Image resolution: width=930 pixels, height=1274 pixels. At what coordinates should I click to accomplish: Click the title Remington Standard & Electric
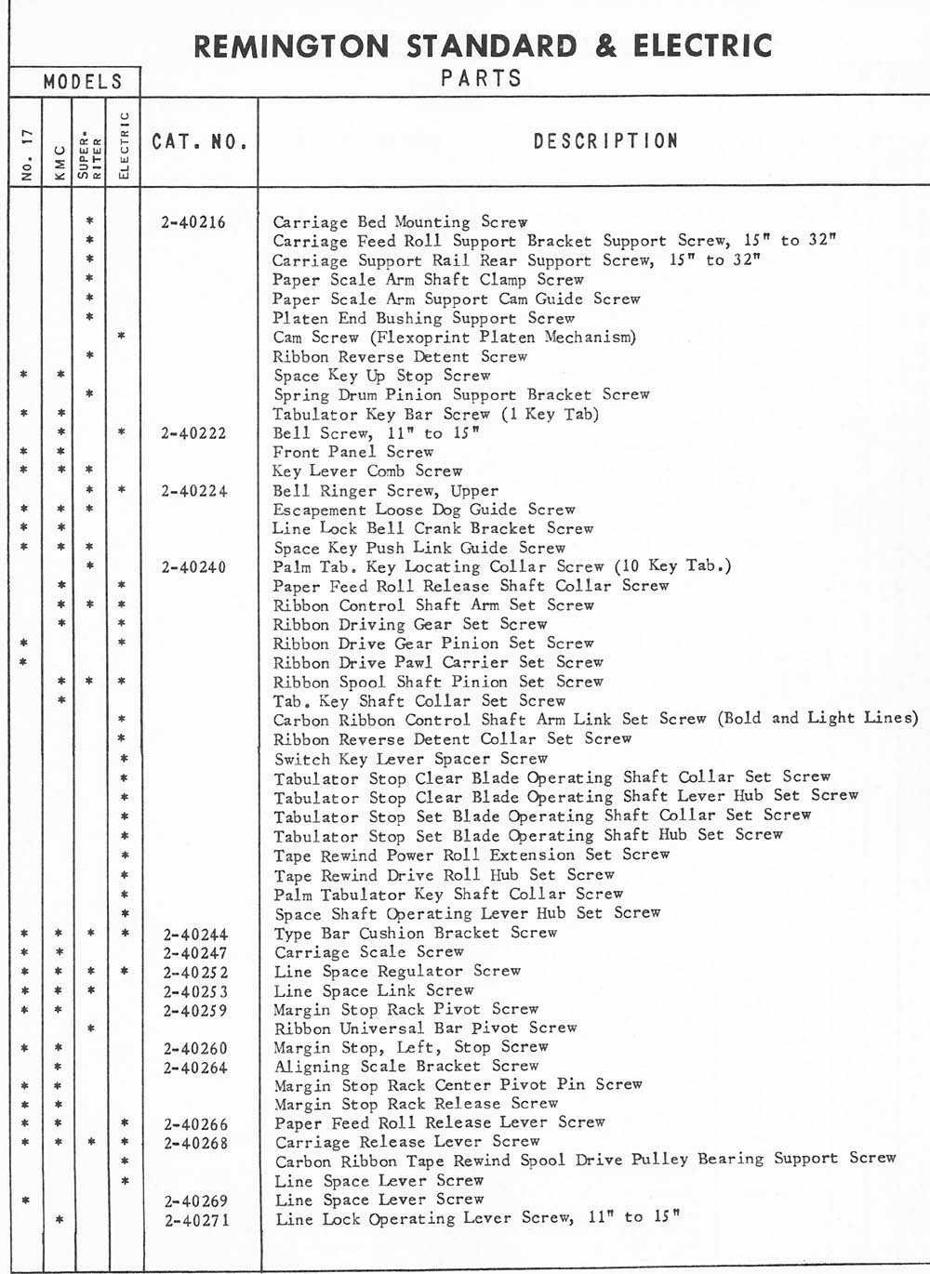click(483, 46)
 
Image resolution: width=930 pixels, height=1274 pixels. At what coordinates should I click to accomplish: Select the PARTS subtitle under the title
click(481, 78)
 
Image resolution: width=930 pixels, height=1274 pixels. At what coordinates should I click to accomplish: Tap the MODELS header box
click(83, 82)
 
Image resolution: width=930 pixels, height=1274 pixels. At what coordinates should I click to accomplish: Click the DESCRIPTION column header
click(605, 141)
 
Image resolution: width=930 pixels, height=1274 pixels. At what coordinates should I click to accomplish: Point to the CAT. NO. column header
click(200, 142)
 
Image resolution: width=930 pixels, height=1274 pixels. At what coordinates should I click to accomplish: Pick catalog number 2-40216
click(193, 222)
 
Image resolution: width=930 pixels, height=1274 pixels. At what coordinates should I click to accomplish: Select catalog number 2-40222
click(193, 433)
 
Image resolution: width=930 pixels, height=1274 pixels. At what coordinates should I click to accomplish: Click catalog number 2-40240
click(193, 567)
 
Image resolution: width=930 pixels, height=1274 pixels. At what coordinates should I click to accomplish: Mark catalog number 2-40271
click(195, 1220)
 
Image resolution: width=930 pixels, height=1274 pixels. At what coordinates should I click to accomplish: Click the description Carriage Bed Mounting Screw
click(400, 222)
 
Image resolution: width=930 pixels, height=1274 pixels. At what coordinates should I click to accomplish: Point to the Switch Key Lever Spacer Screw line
click(410, 759)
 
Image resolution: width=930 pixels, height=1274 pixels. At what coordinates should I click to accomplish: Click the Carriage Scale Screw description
click(368, 952)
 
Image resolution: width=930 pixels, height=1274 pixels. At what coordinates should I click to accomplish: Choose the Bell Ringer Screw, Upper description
click(385, 491)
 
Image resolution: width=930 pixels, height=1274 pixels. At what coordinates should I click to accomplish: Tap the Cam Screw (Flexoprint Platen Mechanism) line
click(454, 338)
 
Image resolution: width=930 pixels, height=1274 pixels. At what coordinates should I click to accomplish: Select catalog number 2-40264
click(195, 1068)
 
